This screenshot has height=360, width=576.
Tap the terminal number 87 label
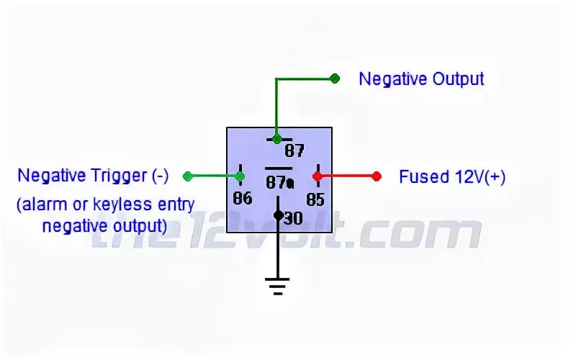point(294,151)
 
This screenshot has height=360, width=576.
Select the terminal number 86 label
point(243,199)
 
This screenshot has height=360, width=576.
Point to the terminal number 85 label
point(315,199)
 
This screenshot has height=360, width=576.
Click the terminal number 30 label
point(293,218)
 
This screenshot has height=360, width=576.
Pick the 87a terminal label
point(280,183)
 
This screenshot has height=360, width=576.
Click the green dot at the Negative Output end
point(334,78)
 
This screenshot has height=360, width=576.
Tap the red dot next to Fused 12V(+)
point(376,176)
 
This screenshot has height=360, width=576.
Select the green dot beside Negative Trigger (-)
point(187,176)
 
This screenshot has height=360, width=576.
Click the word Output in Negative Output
point(458,78)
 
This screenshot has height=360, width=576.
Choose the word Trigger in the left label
point(120,176)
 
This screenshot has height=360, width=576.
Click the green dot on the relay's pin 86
point(239,176)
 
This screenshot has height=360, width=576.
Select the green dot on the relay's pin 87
point(277,138)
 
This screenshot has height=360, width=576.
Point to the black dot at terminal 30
point(278,215)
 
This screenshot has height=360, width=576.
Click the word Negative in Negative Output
point(393,78)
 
